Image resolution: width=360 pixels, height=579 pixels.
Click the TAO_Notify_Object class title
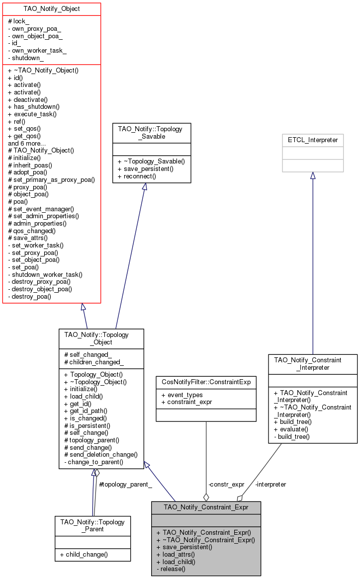pyautogui.click(x=52, y=9)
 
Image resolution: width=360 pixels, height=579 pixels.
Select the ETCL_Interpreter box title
pyautogui.click(x=313, y=140)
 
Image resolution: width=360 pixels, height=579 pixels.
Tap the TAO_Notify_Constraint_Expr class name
pyautogui.click(x=206, y=507)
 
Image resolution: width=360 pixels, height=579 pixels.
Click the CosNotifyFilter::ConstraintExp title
pyautogui.click(x=206, y=382)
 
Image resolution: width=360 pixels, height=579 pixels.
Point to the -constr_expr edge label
pyautogui.click(x=226, y=484)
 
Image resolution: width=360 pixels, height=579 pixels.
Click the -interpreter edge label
pyautogui.click(x=270, y=484)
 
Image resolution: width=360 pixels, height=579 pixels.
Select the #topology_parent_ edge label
pyautogui.click(x=126, y=484)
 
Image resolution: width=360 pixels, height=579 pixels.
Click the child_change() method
pyautogui.click(x=84, y=554)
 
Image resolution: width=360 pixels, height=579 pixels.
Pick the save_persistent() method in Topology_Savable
pyautogui.click(x=146, y=169)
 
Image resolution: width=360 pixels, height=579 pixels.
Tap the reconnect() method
pyautogui.click(x=137, y=176)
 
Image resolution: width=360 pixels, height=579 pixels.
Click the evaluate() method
pyautogui.click(x=291, y=429)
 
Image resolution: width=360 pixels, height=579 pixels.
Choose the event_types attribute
pyautogui.click(x=182, y=395)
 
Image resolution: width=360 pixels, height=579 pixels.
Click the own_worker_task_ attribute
pyautogui.click(x=37, y=51)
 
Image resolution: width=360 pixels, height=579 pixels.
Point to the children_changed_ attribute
pyautogui.click(x=94, y=362)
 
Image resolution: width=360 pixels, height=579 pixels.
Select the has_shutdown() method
pyautogui.click(x=34, y=107)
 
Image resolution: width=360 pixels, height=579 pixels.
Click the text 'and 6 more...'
pyautogui.click(x=27, y=143)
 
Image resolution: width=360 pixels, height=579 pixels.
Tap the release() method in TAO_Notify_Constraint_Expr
pyautogui.click(x=171, y=569)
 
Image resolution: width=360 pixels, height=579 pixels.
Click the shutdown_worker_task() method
pyautogui.click(x=45, y=274)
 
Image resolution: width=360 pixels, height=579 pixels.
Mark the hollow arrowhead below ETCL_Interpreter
pyautogui.click(x=313, y=175)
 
